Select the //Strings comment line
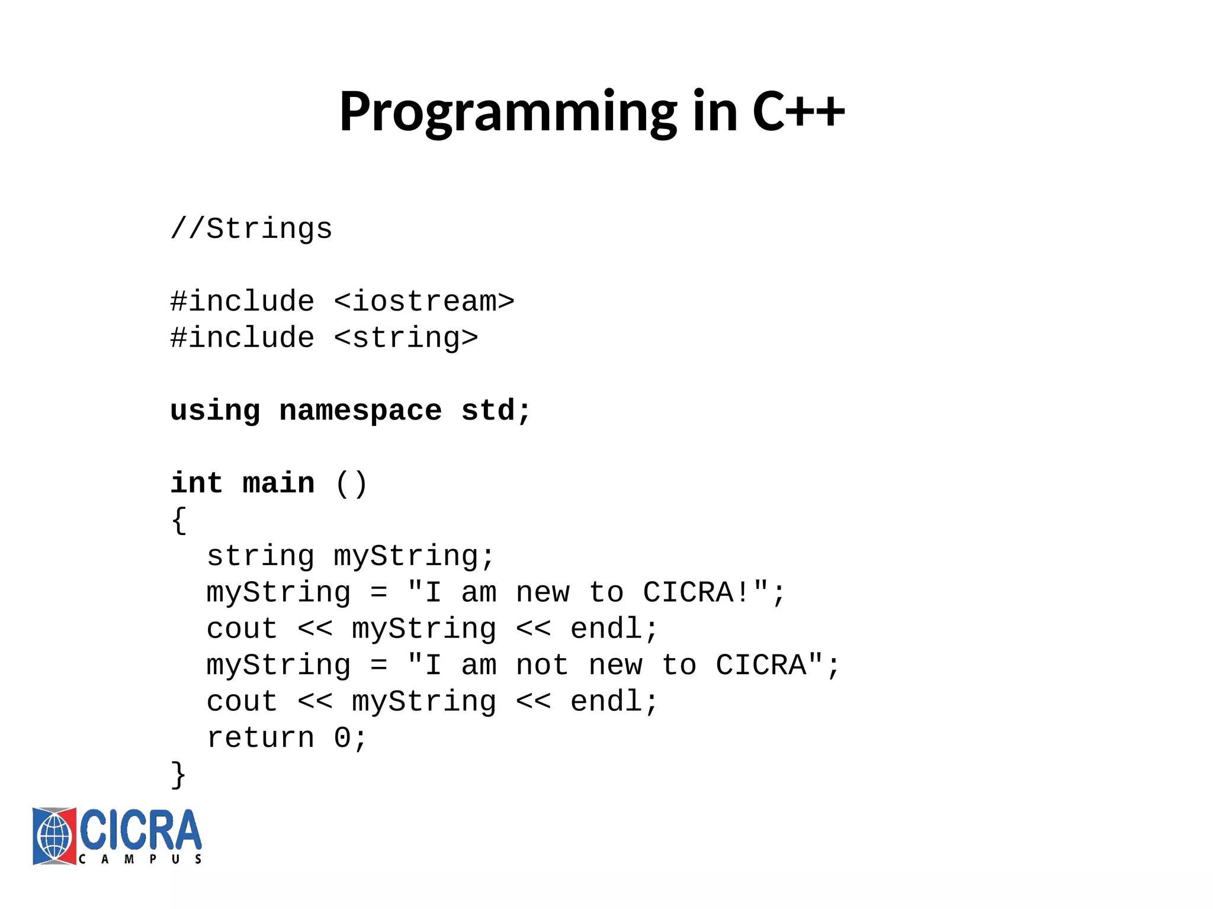click(251, 229)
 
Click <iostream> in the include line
click(424, 302)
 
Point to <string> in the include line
click(406, 339)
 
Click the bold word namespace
click(360, 411)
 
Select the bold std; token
click(496, 411)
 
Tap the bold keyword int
click(197, 483)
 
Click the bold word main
click(278, 483)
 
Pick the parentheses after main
click(351, 484)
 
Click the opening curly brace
click(179, 521)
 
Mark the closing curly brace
click(179, 775)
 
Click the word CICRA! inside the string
click(697, 593)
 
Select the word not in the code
click(542, 666)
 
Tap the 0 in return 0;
click(342, 739)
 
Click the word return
click(260, 739)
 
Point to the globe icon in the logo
click(54, 836)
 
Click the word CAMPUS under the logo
click(140, 859)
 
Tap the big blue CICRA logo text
click(141, 830)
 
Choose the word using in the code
click(215, 411)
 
